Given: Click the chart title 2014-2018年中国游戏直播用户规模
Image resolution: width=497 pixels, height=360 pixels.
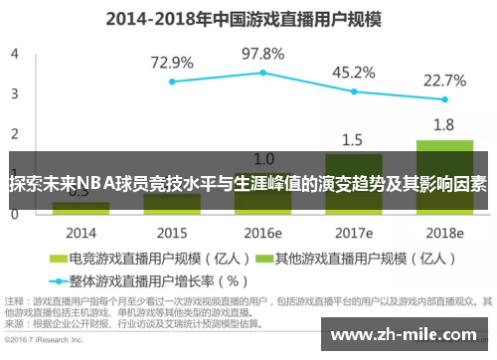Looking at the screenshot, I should click(x=248, y=17).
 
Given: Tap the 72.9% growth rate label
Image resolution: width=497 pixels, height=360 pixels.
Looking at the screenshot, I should click(x=172, y=62).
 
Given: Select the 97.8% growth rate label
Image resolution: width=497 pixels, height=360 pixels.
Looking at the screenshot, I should click(x=263, y=53).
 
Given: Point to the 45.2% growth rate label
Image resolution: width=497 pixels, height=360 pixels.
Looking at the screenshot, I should click(x=354, y=72).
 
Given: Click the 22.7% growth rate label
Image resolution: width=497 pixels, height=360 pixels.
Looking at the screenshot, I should click(x=444, y=80).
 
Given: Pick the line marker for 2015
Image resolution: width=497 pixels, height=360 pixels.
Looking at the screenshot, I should click(x=172, y=82).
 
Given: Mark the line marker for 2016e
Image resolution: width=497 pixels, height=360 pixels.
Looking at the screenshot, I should click(x=263, y=73).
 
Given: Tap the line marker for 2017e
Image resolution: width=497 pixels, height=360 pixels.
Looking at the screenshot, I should click(x=354, y=91).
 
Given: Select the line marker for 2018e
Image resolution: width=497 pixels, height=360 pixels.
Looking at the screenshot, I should click(x=444, y=99).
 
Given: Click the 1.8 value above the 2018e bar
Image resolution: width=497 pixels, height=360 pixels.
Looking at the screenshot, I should click(x=444, y=125).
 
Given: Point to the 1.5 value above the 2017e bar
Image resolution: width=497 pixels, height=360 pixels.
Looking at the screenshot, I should click(x=354, y=138).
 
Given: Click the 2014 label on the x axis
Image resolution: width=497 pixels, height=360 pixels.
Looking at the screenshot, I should click(x=81, y=232).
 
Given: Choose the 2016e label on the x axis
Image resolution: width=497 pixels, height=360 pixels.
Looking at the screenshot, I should click(x=263, y=232).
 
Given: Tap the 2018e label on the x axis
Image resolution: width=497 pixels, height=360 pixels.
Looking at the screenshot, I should click(x=444, y=232).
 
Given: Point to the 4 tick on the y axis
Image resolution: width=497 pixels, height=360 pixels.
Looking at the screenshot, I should click(x=15, y=54).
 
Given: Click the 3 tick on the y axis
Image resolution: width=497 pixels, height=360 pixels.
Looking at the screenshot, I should click(x=15, y=93).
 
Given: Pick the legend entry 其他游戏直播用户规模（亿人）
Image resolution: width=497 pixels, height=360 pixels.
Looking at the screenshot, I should click(x=338, y=258).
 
